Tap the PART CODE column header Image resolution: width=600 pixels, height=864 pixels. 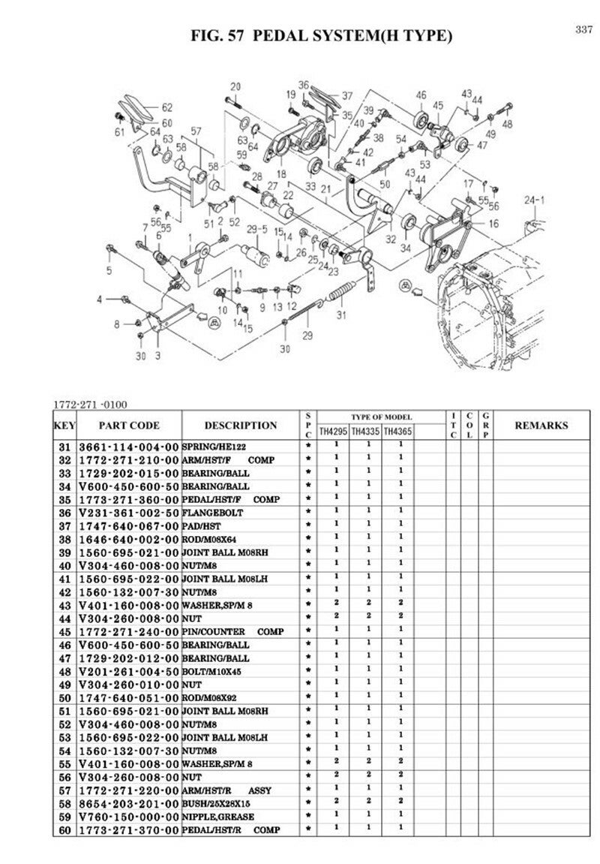point(128,425)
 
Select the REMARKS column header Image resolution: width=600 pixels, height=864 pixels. point(541,425)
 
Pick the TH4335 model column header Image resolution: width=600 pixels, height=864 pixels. point(366,432)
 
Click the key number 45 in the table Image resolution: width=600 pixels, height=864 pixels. point(64,631)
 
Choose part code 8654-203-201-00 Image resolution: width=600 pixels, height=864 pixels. point(128,803)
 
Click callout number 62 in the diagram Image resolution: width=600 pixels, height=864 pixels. point(166,107)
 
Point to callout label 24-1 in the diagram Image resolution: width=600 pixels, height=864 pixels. point(534,200)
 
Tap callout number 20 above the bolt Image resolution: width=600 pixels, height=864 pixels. point(235,86)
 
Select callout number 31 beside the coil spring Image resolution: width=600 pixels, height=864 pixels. point(340,315)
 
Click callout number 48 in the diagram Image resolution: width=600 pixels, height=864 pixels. point(508,124)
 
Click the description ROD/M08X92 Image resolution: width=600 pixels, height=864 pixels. point(212,697)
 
